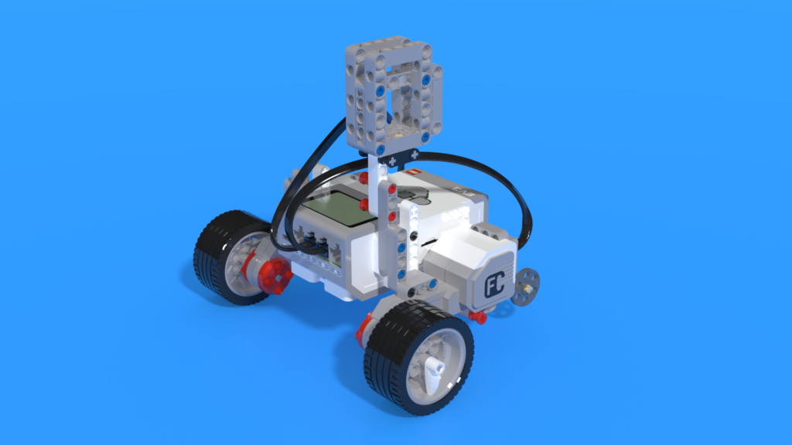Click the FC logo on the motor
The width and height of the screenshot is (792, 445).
pos(494,286)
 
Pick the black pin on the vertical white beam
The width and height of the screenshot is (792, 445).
pos(415,234)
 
